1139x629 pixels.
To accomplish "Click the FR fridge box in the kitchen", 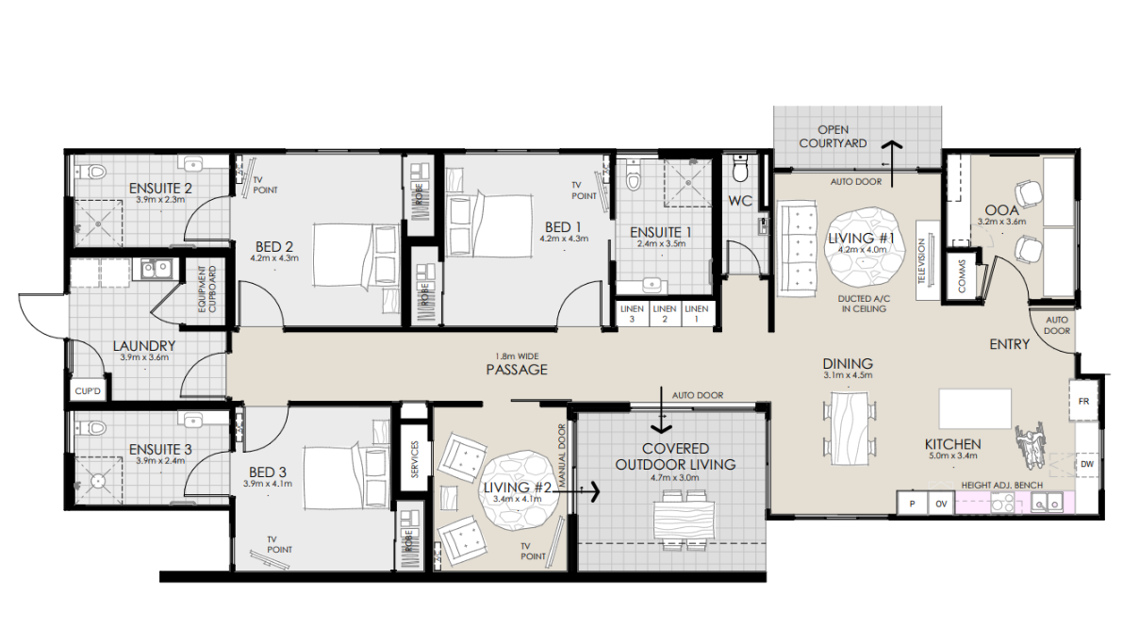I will [1083, 401].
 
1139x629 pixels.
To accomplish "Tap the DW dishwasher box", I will [1086, 464].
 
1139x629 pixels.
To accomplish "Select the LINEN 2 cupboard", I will [664, 314].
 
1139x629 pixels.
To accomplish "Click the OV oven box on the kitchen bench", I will [940, 504].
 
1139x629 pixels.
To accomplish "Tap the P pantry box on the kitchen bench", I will [912, 504].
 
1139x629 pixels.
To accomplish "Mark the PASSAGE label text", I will [516, 370].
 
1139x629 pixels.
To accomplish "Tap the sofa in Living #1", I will [800, 250].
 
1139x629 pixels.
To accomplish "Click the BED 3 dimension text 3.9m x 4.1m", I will [268, 483].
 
